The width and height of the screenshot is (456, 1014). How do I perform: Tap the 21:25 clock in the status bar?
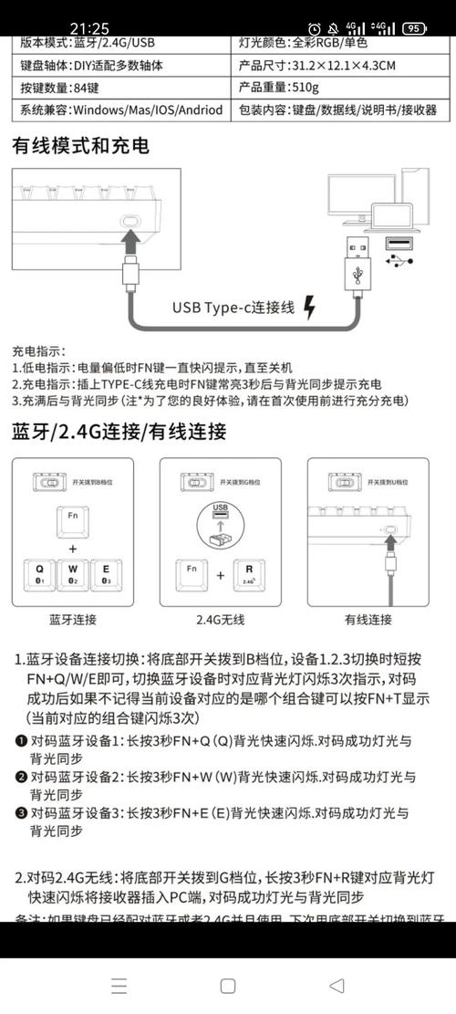88,27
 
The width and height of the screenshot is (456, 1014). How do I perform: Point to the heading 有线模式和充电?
80,146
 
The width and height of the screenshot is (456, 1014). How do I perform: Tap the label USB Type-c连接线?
233,308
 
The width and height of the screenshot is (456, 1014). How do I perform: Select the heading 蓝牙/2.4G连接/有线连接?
119,432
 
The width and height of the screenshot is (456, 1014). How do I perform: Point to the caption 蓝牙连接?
73,620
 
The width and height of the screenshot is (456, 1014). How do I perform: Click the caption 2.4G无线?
222,620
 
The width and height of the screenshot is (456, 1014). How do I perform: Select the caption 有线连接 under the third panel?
368,620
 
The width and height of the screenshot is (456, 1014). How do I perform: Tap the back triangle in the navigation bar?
337,986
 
